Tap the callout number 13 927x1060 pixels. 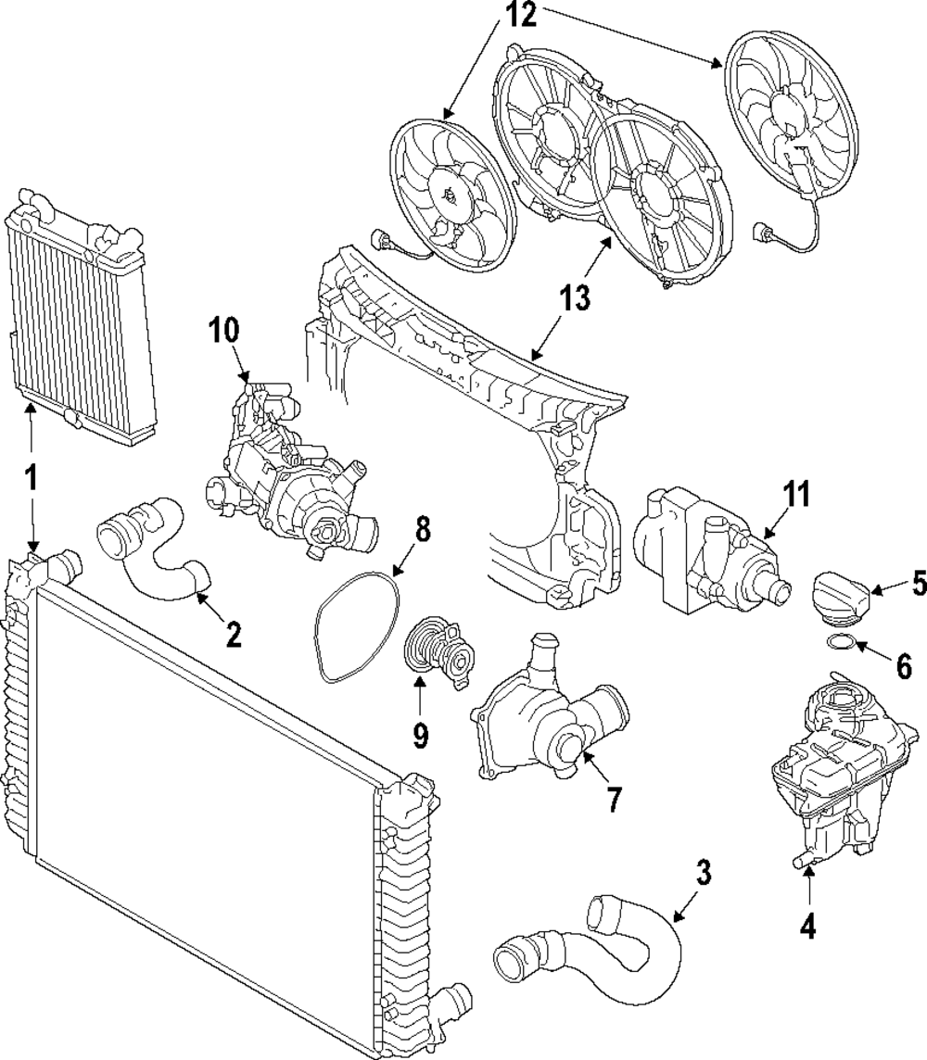coord(575,298)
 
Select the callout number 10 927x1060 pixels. coord(223,331)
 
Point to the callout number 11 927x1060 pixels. coord(795,494)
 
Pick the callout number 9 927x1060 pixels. coord(421,735)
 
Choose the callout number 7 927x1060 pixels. coord(613,799)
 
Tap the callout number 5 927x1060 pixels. coord(919,584)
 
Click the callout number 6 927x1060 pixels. coord(904,666)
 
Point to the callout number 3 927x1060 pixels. coord(704,872)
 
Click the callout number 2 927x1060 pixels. coord(233,635)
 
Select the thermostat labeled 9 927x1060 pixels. coord(438,651)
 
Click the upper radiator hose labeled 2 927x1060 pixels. coord(153,549)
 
